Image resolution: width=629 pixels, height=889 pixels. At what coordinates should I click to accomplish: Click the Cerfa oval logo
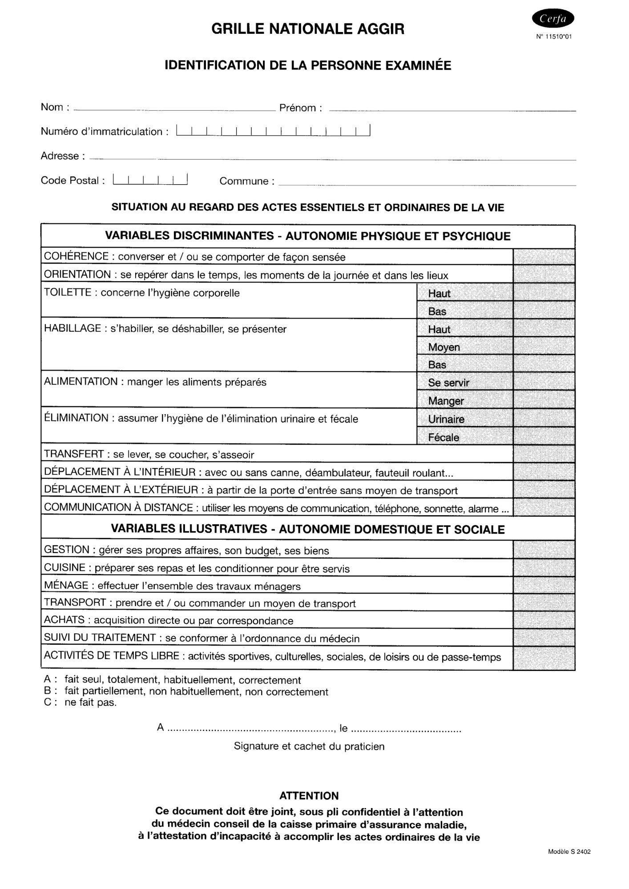(552, 19)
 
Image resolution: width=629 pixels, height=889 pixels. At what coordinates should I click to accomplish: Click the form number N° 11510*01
(554, 37)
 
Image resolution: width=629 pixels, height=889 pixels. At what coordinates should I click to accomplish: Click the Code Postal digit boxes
(150, 179)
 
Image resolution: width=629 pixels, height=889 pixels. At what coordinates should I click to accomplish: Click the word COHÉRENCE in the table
(77, 257)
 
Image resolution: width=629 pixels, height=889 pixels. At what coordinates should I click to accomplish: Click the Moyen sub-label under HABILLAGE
(444, 347)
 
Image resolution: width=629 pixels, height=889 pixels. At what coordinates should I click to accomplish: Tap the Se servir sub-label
(448, 383)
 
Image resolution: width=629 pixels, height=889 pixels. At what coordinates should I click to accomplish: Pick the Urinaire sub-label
(446, 419)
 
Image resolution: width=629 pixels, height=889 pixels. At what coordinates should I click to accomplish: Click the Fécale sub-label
(444, 437)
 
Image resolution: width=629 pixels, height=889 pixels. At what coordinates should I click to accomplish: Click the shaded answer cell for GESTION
(544, 550)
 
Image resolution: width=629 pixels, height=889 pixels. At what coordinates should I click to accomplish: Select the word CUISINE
(65, 568)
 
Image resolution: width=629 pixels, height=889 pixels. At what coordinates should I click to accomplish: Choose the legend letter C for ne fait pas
(49, 703)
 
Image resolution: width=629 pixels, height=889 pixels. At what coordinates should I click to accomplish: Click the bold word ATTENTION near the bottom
(309, 796)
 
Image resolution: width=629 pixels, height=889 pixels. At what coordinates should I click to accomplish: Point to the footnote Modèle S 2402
(569, 852)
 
